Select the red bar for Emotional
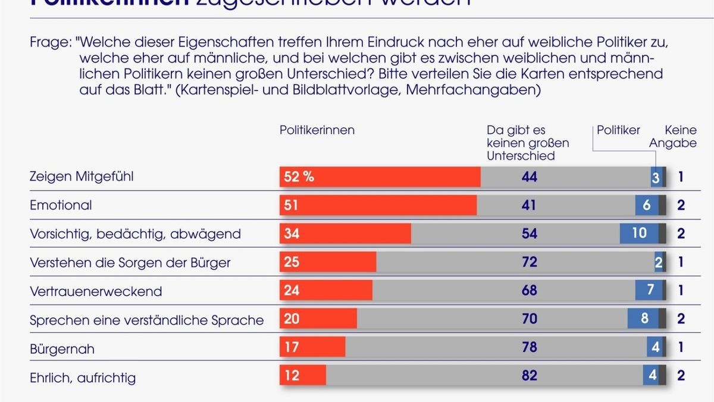coord(378,205)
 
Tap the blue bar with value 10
coord(639,233)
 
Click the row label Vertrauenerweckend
coord(96,291)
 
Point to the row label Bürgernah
coord(62,348)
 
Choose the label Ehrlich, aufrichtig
coord(83,377)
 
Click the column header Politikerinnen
coord(317,130)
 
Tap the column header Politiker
coord(618,130)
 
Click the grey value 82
coord(528,376)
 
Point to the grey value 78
coord(528,347)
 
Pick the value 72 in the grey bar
coord(528,262)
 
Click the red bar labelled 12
coord(303,376)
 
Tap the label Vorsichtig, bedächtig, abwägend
coord(135,234)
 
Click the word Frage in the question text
coord(50,43)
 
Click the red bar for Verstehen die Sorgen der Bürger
coord(328,262)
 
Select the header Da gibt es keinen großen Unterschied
coord(527,143)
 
